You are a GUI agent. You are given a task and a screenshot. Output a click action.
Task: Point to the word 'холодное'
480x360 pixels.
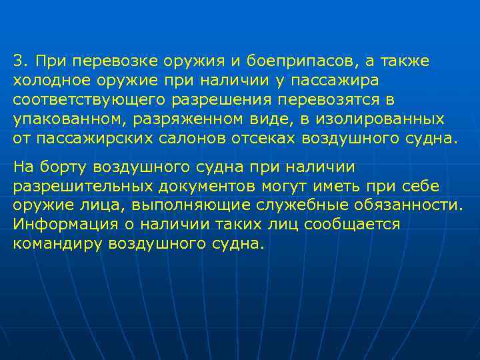click(x=44, y=81)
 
